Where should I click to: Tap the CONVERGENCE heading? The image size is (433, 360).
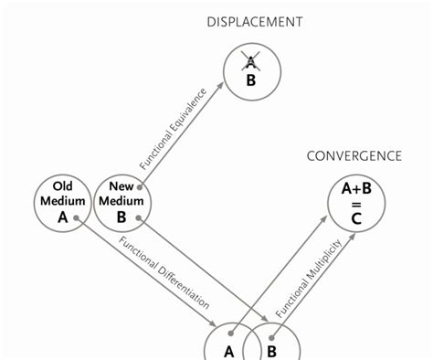coord(354,155)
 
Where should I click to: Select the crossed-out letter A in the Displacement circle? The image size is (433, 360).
coord(248,61)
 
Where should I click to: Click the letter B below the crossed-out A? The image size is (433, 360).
coord(248,79)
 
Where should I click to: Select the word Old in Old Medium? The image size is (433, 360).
coord(62,186)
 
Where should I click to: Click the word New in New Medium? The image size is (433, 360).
coord(121,186)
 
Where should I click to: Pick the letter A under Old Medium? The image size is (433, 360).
coord(62,217)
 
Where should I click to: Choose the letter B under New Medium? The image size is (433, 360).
coord(121,217)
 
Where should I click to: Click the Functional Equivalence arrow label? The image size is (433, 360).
coord(174,128)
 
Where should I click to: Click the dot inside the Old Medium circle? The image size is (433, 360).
coord(79,218)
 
